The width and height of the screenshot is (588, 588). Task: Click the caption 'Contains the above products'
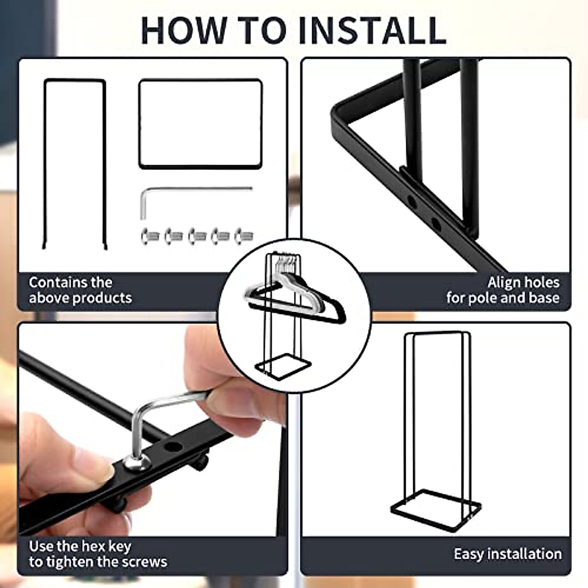[80, 290]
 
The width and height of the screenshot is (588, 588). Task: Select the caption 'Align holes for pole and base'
[503, 290]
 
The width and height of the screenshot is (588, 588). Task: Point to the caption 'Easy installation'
[508, 554]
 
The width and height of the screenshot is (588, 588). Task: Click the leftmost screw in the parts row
[150, 236]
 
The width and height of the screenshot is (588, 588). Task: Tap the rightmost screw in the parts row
[244, 236]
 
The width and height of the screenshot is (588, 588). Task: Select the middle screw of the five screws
[197, 236]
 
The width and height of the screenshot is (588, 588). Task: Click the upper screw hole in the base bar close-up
[412, 202]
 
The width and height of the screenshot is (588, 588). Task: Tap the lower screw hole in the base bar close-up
[436, 224]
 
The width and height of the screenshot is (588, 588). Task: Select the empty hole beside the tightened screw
[172, 448]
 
